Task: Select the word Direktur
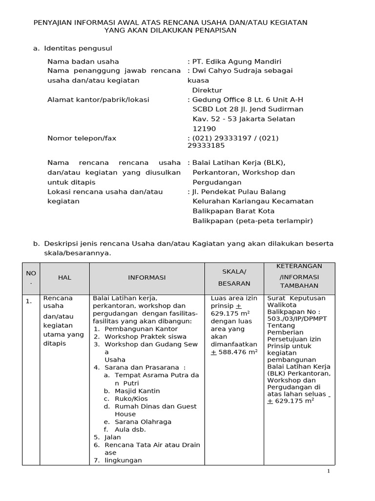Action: tap(207, 90)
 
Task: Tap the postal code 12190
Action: tap(204, 129)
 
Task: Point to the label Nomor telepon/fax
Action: tap(82, 138)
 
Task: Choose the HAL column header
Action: tap(64, 277)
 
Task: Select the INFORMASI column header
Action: tap(147, 277)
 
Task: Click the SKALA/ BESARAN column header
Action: tap(234, 277)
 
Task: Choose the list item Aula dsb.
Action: tap(130, 430)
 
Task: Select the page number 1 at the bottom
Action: tap(329, 471)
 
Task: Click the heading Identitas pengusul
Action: tap(78, 48)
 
